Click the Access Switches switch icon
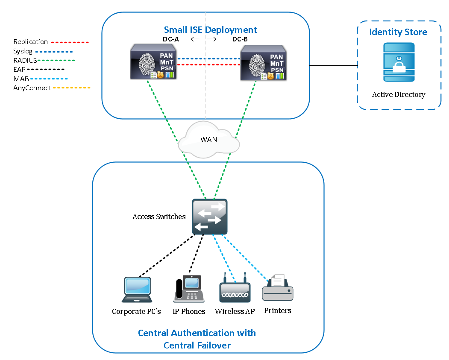[x=209, y=217]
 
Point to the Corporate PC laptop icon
[x=137, y=290]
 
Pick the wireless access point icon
[x=235, y=291]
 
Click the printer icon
[x=278, y=288]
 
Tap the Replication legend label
[x=31, y=42]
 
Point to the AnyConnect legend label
[x=32, y=88]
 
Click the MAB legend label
[x=21, y=79]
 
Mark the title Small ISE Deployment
[x=211, y=30]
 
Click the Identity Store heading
[x=398, y=32]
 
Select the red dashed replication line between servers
[x=208, y=64]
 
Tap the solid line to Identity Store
[x=333, y=66]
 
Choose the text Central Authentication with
[x=197, y=333]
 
